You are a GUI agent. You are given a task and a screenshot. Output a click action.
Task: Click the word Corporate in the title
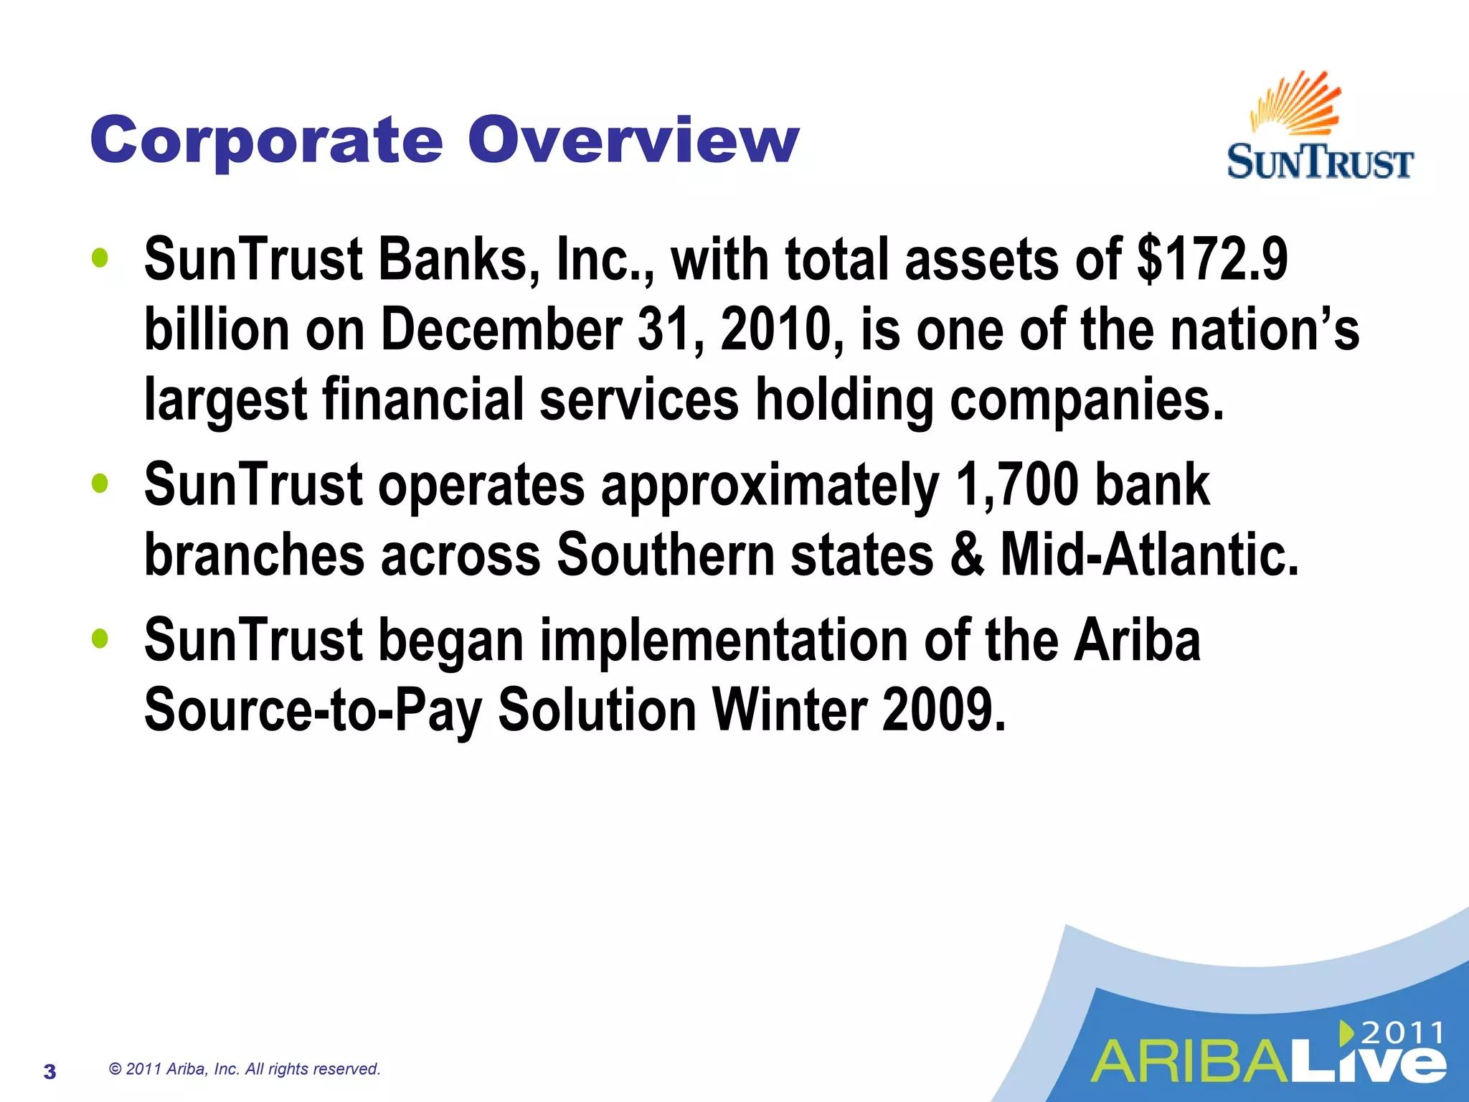(266, 141)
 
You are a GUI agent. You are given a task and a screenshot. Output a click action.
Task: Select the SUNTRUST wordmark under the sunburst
(1320, 162)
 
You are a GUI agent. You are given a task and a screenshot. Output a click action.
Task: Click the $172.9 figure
(1212, 259)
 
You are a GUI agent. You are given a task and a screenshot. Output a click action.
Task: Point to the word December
(501, 329)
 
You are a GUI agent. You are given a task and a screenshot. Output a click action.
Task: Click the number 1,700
(1017, 485)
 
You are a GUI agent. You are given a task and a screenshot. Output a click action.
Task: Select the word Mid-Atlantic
(1149, 555)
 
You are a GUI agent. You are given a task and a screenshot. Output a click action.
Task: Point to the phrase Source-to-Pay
(313, 710)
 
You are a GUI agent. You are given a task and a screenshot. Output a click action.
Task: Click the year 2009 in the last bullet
(943, 710)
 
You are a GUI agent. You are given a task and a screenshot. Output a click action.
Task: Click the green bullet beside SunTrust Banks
(100, 259)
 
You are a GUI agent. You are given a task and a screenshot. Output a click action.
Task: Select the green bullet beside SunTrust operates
(100, 484)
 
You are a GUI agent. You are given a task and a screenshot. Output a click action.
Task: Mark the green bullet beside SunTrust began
(100, 639)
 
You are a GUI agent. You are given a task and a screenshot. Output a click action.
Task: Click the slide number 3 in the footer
(49, 1072)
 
